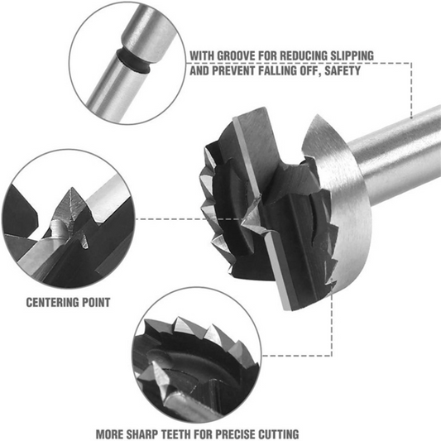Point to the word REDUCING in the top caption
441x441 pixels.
pos(300,56)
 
